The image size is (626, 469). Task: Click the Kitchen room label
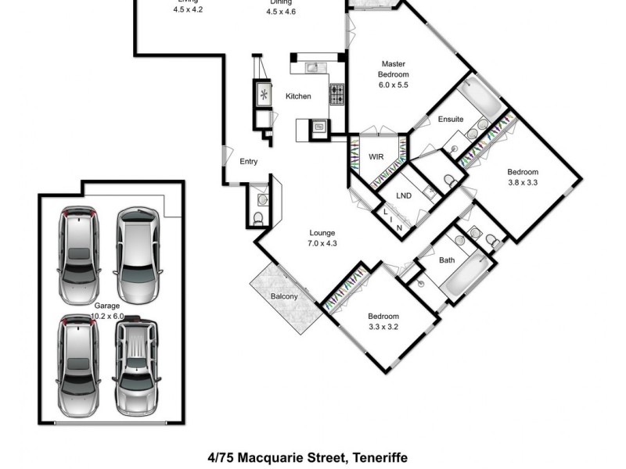(x=298, y=96)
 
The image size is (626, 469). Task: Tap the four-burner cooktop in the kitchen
(x=337, y=95)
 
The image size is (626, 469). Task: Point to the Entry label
(x=248, y=162)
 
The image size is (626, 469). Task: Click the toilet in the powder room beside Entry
(x=258, y=219)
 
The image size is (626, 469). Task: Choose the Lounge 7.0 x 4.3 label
(x=322, y=238)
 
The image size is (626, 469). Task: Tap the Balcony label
(x=284, y=296)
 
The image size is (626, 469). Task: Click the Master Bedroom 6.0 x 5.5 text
(x=394, y=74)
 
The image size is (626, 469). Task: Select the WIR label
(x=376, y=157)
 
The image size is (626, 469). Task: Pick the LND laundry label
(x=404, y=195)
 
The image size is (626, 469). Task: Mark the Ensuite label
(x=450, y=120)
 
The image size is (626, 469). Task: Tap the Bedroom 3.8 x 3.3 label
(x=522, y=177)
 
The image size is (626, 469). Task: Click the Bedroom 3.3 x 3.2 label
(x=383, y=321)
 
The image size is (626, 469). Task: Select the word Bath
(x=447, y=260)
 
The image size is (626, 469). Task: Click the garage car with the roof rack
(x=137, y=366)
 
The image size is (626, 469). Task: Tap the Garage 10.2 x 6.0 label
(x=109, y=310)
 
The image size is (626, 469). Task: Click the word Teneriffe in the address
(x=380, y=457)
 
